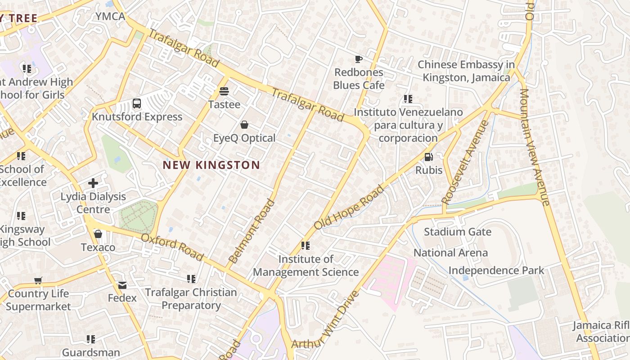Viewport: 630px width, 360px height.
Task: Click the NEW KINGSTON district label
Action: pos(211,165)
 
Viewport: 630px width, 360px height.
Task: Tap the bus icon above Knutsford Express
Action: pos(137,104)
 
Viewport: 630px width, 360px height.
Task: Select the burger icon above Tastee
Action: pos(224,91)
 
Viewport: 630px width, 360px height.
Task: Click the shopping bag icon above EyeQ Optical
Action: pos(244,125)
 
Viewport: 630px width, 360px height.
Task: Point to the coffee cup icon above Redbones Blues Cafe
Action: pos(359,59)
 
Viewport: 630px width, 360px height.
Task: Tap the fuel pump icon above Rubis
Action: pos(429,157)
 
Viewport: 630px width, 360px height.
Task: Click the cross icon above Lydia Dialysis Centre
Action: pos(93,183)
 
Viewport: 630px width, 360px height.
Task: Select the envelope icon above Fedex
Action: pos(122,285)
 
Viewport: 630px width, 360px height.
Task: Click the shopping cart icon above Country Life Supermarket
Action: pos(38,280)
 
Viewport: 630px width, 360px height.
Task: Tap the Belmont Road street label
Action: pos(252,231)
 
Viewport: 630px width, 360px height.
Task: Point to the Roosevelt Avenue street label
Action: pos(465,162)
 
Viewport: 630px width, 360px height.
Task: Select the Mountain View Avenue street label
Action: pos(535,147)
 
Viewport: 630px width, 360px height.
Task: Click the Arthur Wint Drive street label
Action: pos(326,320)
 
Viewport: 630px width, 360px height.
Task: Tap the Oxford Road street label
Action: pos(172,247)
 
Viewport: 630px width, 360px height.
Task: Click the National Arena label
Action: pos(450,253)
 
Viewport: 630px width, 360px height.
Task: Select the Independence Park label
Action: pos(496,270)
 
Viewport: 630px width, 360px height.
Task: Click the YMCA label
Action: pos(110,17)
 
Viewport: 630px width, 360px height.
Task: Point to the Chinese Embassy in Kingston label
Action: pos(466,71)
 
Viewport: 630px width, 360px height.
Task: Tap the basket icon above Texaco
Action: pos(98,234)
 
